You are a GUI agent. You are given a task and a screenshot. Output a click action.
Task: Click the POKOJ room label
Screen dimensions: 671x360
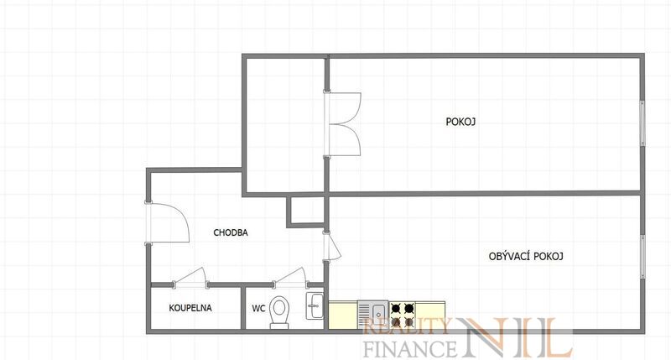coord(460,122)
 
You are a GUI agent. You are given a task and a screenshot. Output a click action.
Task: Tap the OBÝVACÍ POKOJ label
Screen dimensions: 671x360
coord(526,256)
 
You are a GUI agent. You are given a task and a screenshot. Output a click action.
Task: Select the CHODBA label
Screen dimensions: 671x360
coord(231,232)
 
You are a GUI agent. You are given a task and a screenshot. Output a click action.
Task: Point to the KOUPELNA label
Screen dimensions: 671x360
coord(190,308)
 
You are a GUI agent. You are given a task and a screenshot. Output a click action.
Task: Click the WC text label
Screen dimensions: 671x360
coord(258,308)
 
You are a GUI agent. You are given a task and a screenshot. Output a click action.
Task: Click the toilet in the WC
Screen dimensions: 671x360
coord(280,312)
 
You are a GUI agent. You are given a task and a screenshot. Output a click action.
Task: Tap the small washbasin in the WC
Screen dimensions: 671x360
coord(315,305)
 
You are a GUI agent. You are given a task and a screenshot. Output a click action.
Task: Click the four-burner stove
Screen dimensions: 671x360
coord(403,315)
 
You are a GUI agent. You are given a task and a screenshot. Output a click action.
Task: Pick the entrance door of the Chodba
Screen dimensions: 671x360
coord(168,222)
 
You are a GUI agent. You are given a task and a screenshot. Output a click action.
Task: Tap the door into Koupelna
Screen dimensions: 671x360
coord(191,278)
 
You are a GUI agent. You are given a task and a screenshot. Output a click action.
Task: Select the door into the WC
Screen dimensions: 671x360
coord(290,278)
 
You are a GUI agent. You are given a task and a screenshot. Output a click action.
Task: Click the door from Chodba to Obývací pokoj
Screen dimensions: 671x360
coord(331,246)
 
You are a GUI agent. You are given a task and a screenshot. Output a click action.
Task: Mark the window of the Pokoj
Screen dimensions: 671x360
coord(642,123)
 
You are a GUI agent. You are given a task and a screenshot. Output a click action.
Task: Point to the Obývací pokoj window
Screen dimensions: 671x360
coord(642,257)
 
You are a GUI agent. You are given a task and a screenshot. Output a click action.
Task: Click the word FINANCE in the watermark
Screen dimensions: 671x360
coord(410,347)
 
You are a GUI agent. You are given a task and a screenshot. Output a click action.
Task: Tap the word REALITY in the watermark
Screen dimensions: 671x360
coord(406,326)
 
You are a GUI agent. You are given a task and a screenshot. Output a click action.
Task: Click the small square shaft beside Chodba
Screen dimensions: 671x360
coord(304,211)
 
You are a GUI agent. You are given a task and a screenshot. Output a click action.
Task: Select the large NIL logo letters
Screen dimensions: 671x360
coord(516,337)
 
